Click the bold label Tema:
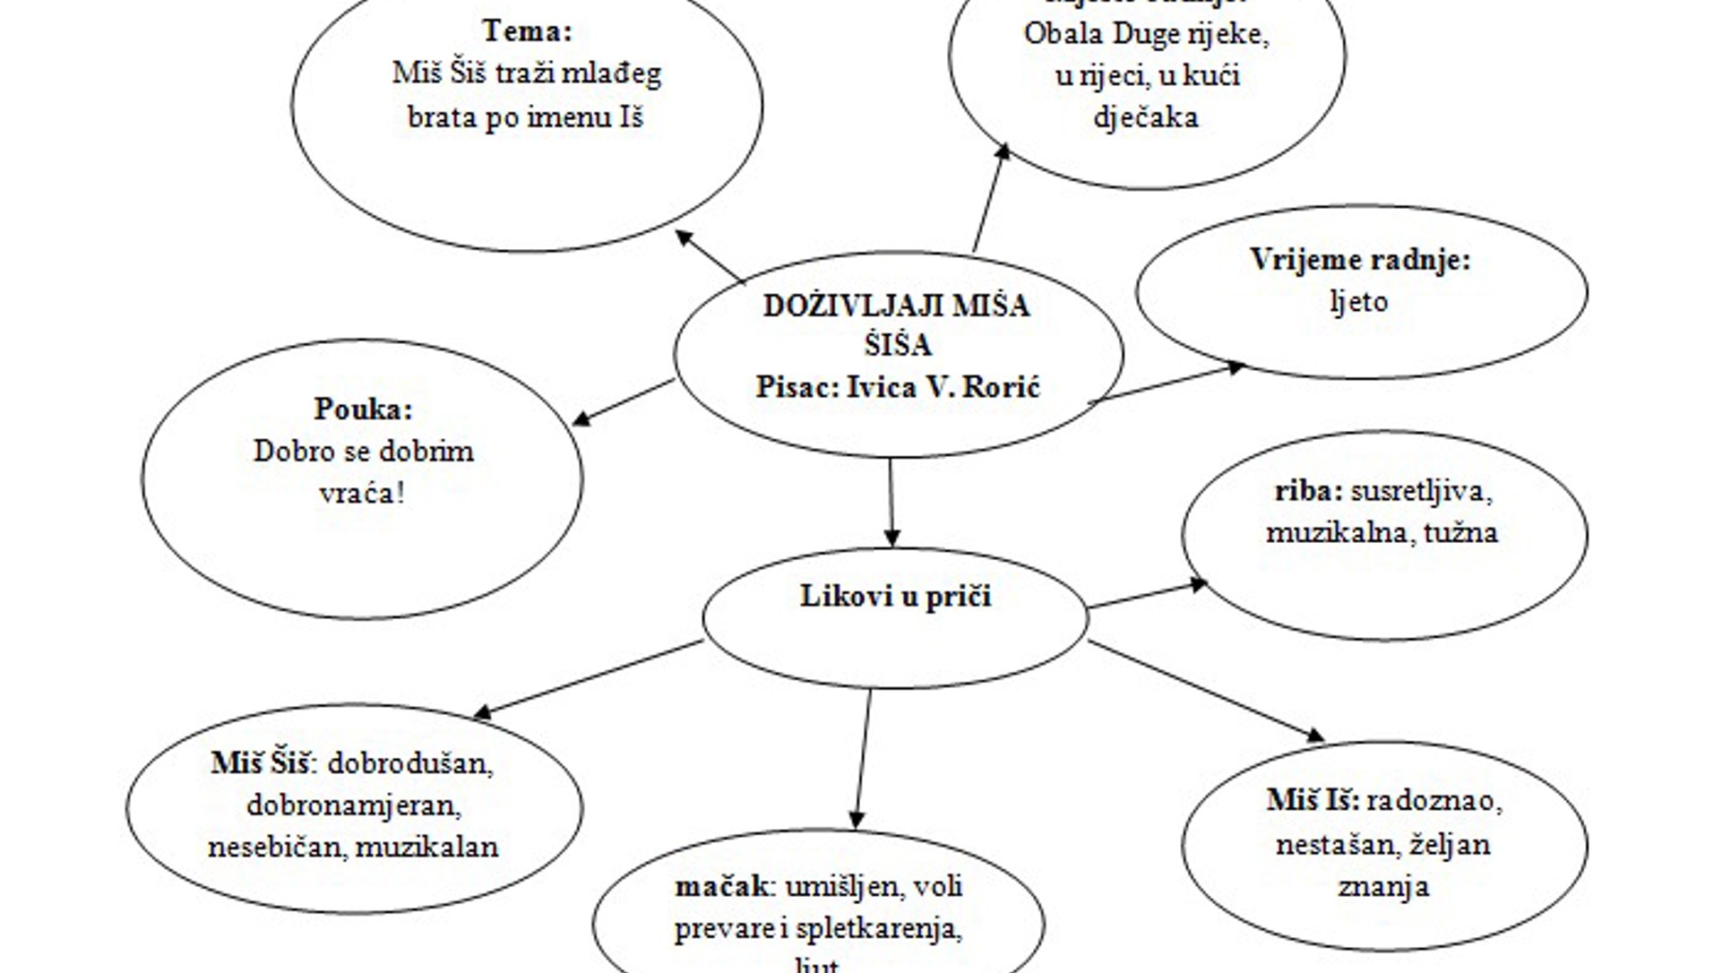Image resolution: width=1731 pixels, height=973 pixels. pos(527,31)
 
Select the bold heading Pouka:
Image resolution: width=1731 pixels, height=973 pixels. pos(363,409)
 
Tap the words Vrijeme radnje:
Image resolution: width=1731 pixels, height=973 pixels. pos(1360,261)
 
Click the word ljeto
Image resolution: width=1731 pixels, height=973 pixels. pos(1359,302)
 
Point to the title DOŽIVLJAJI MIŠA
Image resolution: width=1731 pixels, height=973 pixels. pos(896,306)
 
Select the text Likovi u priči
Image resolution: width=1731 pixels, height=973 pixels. pos(895,597)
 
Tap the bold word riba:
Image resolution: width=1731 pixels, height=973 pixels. pos(1309,491)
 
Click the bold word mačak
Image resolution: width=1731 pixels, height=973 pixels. pos(720,887)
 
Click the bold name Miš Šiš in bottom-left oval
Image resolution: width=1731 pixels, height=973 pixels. pos(261,763)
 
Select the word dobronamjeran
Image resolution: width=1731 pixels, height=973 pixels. pos(353,805)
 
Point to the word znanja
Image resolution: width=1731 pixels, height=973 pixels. pos(1383,887)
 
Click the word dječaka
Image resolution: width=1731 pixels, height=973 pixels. pos(1146,117)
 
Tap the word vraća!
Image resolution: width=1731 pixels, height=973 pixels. pos(362,493)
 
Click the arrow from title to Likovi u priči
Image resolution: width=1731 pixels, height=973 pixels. pos(891,502)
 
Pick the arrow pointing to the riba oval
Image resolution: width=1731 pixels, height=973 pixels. pos(1148,595)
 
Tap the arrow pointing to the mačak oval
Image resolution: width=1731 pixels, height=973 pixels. pos(863,758)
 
